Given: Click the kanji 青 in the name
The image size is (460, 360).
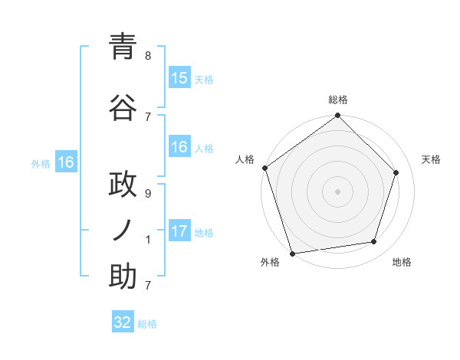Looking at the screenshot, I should (x=123, y=48).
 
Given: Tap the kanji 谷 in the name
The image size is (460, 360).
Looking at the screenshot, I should (x=123, y=108).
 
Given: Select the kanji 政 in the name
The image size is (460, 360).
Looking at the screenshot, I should (x=123, y=186).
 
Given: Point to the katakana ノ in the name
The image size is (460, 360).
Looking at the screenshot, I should (x=123, y=230).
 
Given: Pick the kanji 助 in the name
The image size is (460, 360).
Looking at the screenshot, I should (x=123, y=277).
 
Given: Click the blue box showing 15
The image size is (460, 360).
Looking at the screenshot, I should (x=179, y=78).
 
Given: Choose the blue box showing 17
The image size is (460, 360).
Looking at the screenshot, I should (x=179, y=231).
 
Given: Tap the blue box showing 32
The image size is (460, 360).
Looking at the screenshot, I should (x=123, y=322).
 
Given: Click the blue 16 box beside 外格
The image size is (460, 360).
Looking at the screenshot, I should (x=65, y=162).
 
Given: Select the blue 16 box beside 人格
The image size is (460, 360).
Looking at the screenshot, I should (x=179, y=147).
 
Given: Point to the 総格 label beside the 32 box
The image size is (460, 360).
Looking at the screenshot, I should (x=147, y=324).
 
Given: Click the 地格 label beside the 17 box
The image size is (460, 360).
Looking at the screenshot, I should (x=204, y=233).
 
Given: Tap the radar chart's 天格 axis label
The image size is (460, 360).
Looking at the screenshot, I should (x=431, y=159).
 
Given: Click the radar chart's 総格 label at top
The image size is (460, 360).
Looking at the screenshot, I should (x=337, y=100).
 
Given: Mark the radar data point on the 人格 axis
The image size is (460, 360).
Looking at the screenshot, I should (x=264, y=168).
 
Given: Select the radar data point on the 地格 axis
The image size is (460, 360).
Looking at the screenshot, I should (x=374, y=242).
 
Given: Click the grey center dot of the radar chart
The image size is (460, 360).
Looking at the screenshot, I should (x=337, y=191).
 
